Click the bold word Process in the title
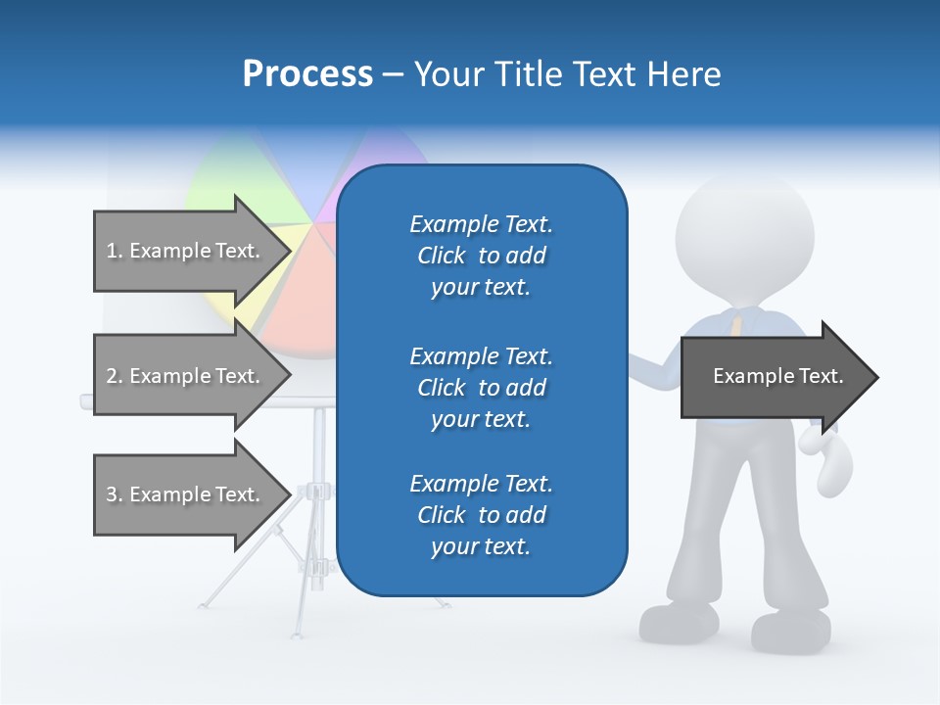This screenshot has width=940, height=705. pyautogui.click(x=307, y=74)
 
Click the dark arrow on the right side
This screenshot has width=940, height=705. pyautogui.click(x=778, y=377)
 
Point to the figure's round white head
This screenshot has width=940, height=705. pyautogui.click(x=744, y=235)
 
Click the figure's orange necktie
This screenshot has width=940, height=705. pyautogui.click(x=732, y=323)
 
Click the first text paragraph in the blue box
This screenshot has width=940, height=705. pyautogui.click(x=481, y=256)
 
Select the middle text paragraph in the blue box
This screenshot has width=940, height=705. pyautogui.click(x=481, y=387)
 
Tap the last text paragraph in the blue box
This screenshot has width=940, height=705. pyautogui.click(x=481, y=515)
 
